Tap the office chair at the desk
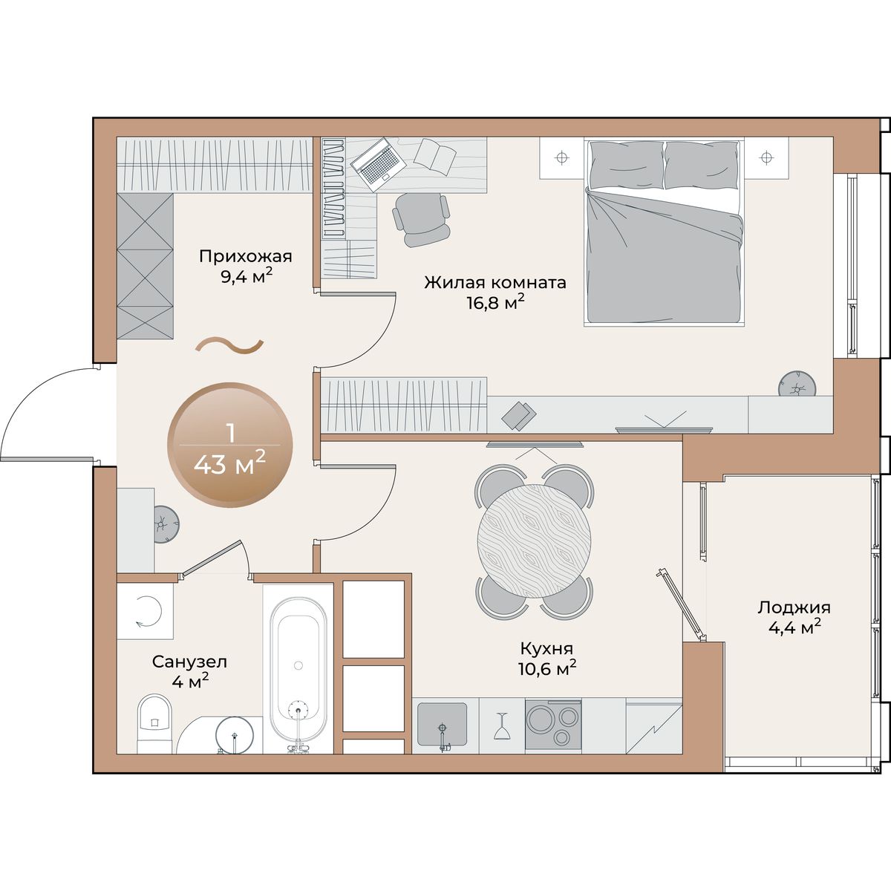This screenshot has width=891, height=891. [x=421, y=219]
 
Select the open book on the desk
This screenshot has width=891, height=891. [x=435, y=157]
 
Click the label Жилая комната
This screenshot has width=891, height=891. [x=495, y=282]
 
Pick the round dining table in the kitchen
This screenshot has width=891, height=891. [x=534, y=541]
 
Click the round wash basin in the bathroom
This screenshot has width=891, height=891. [x=235, y=736]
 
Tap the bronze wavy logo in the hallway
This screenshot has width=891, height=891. [x=229, y=346]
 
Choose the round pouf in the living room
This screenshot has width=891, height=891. [x=797, y=384]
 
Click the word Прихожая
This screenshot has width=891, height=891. [x=246, y=256]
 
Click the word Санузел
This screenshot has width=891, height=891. [x=189, y=662]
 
